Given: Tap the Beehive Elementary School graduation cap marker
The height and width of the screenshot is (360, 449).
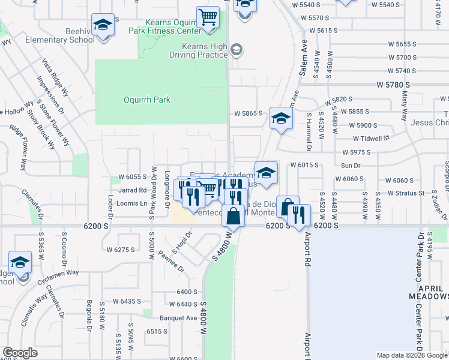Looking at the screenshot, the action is point(103,25).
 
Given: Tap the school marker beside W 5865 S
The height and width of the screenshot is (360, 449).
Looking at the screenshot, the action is point(280,118).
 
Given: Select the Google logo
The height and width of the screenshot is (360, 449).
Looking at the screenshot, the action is point(20,353).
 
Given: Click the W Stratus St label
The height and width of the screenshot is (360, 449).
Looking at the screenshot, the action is point(406,193).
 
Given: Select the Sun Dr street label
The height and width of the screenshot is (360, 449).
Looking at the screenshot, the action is point(350,165).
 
